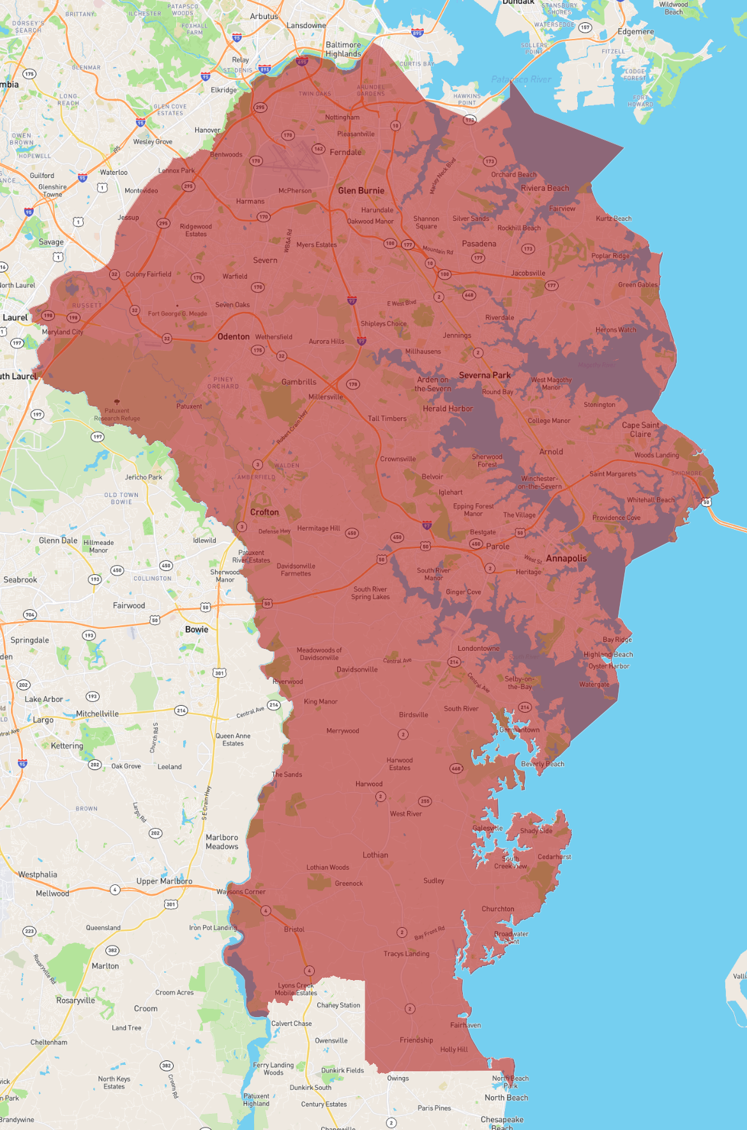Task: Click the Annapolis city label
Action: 566,558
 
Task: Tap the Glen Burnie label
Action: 361,191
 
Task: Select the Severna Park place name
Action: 485,375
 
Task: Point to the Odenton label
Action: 234,336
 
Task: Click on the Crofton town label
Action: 264,512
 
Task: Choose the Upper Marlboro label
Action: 164,881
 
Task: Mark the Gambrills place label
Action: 299,382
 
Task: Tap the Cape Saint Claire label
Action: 640,429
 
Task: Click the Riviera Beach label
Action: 545,188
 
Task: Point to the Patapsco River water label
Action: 521,79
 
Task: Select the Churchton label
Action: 498,909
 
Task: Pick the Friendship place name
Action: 416,1040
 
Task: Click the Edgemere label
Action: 635,32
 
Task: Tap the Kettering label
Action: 67,745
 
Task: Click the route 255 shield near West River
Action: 425,801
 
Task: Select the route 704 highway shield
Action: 29,615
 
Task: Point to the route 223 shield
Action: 29,932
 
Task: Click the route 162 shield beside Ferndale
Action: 318,149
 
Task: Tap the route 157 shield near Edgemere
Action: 585,27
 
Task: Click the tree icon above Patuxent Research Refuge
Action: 117,403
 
